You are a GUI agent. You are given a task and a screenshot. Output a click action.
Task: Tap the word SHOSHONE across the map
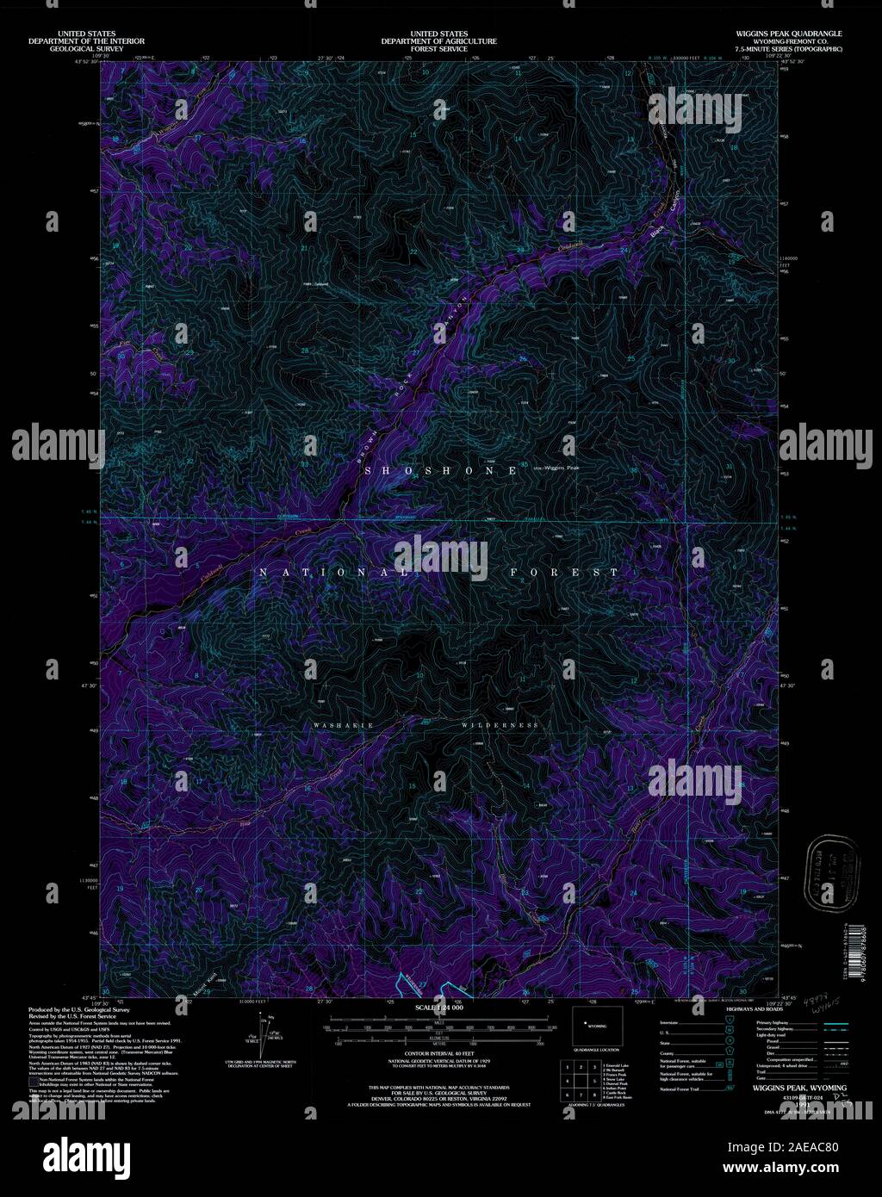click(440, 470)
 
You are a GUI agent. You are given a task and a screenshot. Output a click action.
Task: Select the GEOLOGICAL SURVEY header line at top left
click(86, 49)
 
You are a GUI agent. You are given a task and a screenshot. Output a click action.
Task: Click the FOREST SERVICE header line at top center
click(441, 49)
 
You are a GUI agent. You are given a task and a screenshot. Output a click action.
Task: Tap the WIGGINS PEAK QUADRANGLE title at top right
click(783, 34)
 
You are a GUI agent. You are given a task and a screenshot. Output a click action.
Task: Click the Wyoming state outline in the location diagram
click(592, 1026)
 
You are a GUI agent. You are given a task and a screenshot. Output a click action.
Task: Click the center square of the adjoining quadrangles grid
click(580, 1081)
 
